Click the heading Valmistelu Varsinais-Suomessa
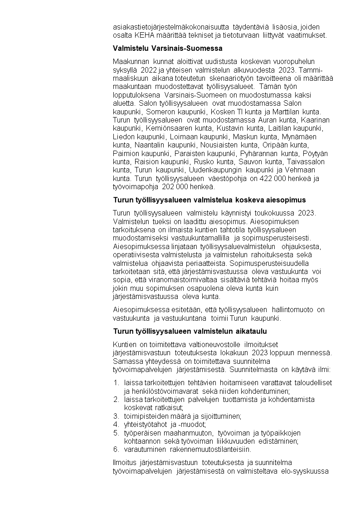click(167, 48)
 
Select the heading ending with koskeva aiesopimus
click(209, 200)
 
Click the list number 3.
click(116, 416)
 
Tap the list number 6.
click(116, 450)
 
